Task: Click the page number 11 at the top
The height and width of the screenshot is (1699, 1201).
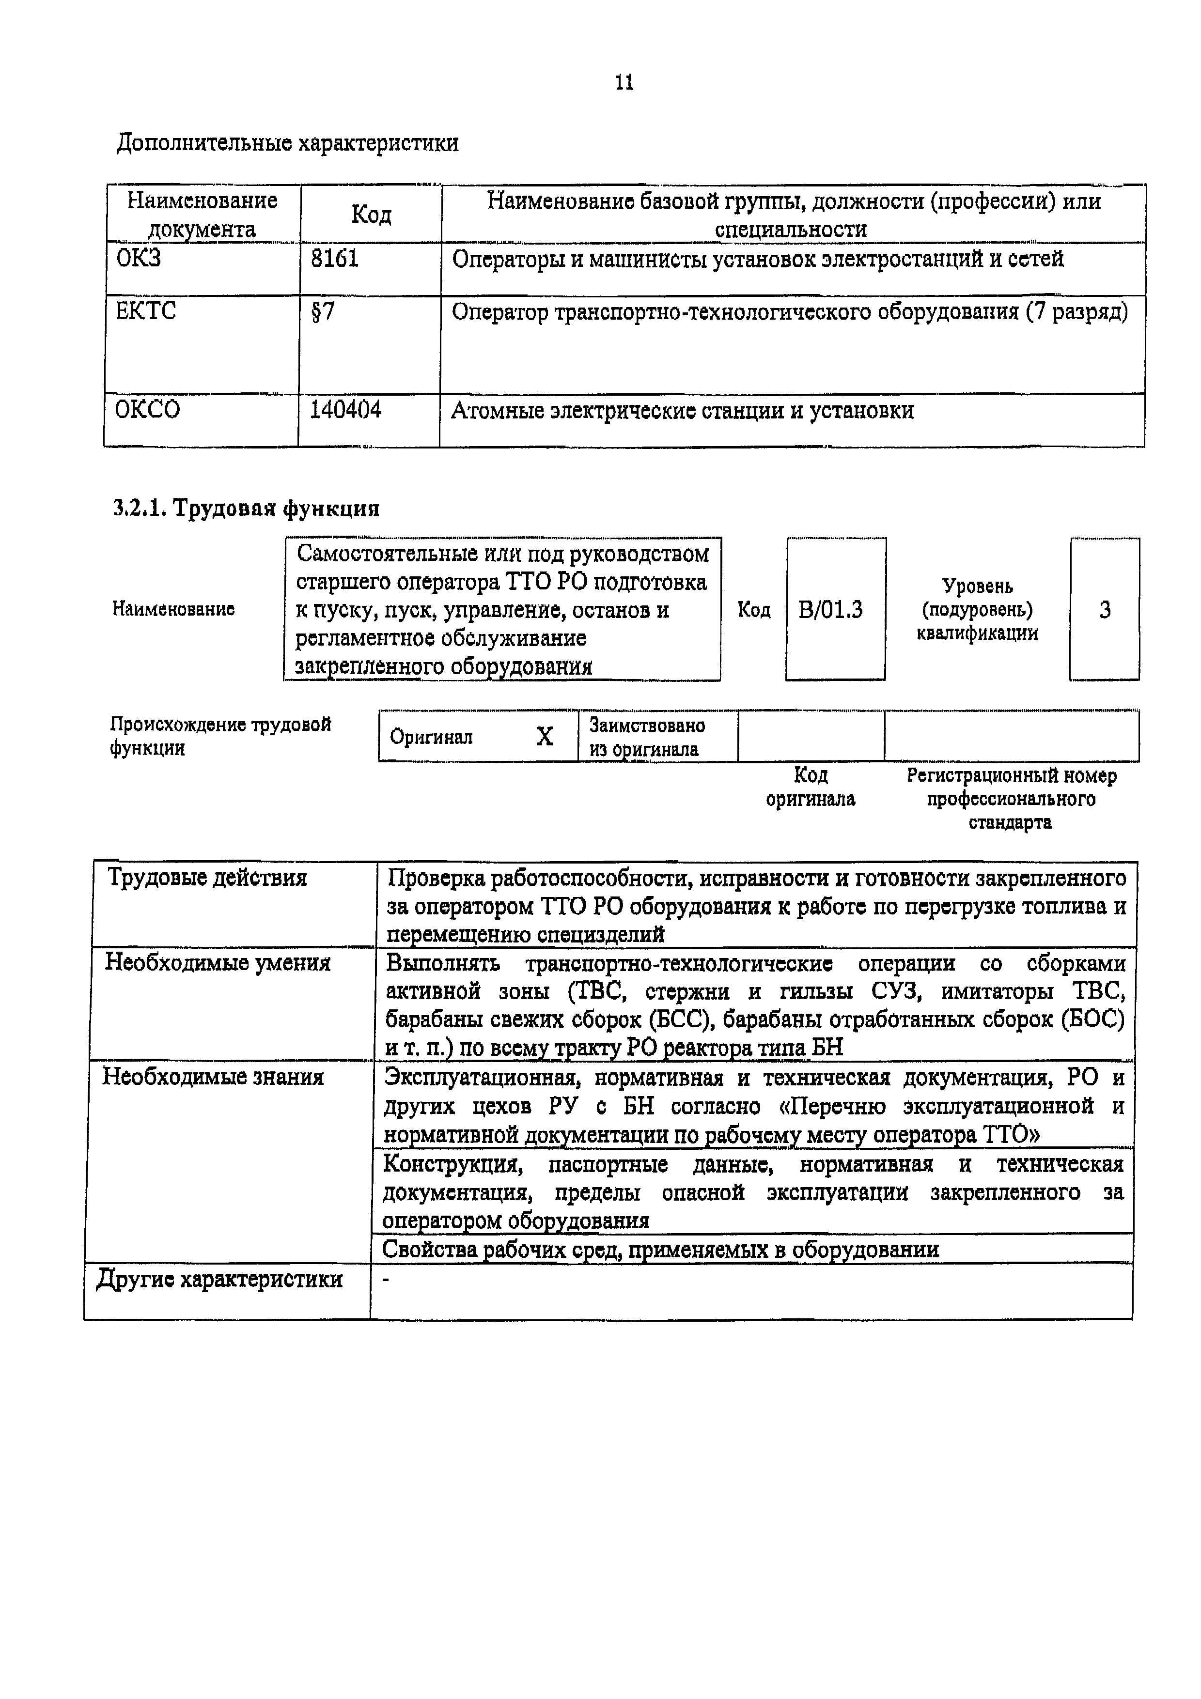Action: [x=624, y=82]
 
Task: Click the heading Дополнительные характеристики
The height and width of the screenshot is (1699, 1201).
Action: [x=288, y=143]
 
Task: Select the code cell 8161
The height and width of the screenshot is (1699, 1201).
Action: [x=334, y=259]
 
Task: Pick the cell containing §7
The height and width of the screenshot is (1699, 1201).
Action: [x=323, y=311]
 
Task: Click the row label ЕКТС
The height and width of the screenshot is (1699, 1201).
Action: [x=146, y=311]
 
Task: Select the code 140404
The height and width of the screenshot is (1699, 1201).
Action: [x=345, y=409]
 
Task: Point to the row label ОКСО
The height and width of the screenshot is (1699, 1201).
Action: [x=147, y=409]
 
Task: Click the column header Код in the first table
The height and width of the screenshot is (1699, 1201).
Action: [x=371, y=214]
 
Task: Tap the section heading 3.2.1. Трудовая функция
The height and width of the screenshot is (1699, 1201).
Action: [x=247, y=509]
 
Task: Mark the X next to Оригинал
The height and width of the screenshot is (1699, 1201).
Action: [x=544, y=736]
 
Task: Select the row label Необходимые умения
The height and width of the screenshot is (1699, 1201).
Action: [x=218, y=963]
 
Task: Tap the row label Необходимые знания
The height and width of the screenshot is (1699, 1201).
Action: [x=213, y=1077]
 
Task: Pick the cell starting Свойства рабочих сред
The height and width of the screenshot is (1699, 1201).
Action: [x=660, y=1250]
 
